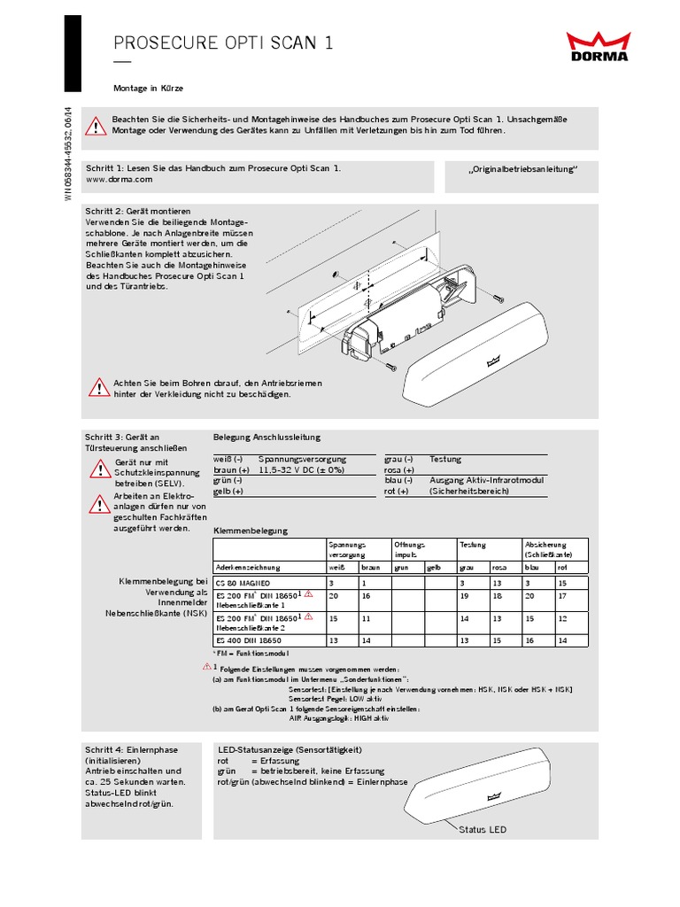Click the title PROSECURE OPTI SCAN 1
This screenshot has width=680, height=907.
(x=224, y=43)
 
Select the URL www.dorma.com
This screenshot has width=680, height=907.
(x=120, y=179)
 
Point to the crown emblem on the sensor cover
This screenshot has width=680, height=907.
(x=494, y=360)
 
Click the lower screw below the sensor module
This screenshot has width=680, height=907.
(x=390, y=366)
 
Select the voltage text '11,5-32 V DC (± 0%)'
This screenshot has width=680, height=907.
(x=301, y=470)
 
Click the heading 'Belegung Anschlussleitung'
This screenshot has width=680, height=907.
(x=267, y=438)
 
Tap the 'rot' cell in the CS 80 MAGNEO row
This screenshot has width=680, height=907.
(x=562, y=584)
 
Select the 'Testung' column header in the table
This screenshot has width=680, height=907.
(x=473, y=545)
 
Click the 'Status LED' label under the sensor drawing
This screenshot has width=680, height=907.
(x=483, y=829)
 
